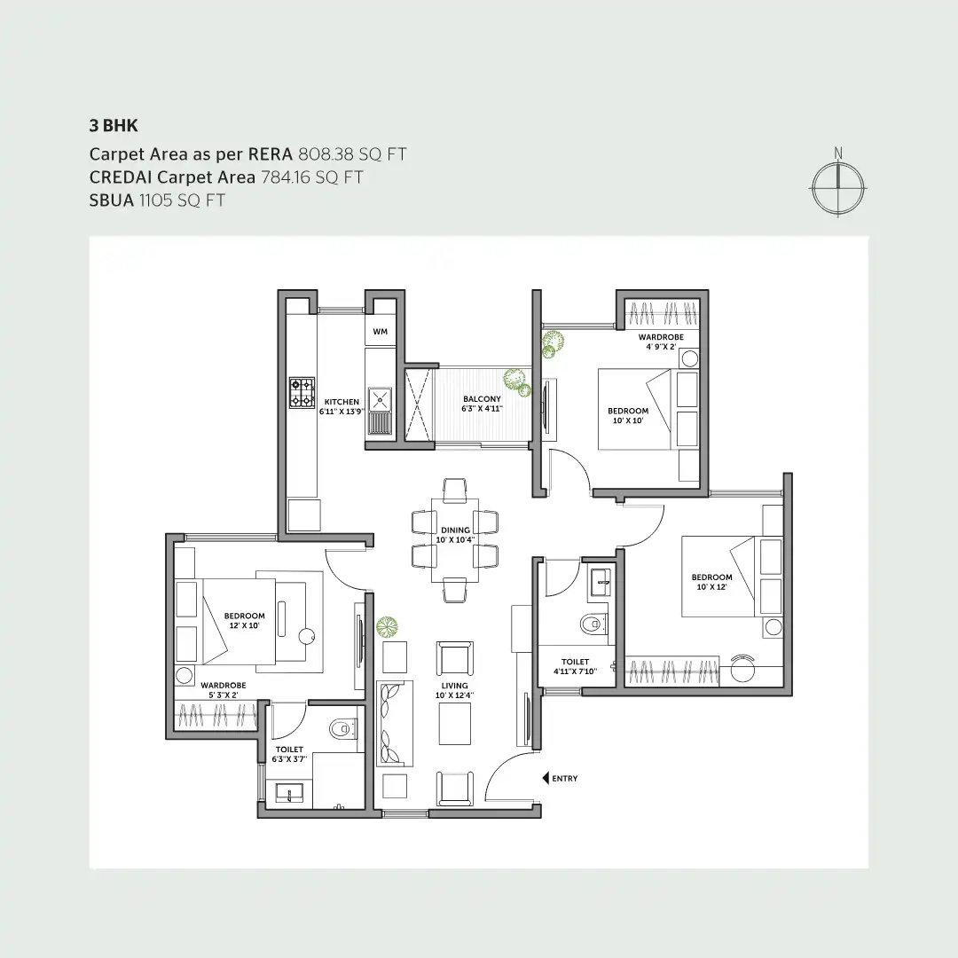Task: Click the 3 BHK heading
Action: (114, 126)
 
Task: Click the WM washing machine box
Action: (381, 332)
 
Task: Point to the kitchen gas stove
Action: (302, 392)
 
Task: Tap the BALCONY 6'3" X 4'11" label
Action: (482, 404)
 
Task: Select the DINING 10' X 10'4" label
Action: (455, 535)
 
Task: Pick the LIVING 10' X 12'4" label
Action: (455, 690)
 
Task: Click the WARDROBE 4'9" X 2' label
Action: (657, 342)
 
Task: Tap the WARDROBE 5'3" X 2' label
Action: (223, 690)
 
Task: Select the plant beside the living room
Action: (387, 627)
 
